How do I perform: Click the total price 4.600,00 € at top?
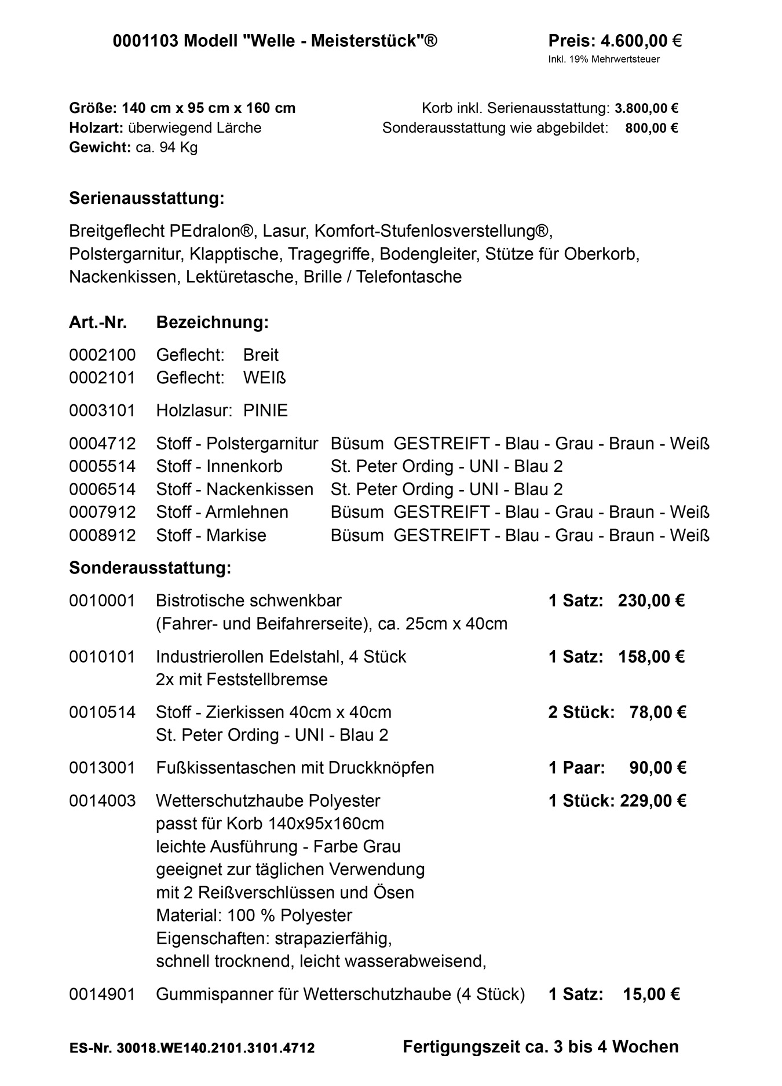(x=641, y=41)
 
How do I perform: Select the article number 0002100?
(x=102, y=354)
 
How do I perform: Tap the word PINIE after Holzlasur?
(x=265, y=411)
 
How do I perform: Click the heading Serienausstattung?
(x=147, y=198)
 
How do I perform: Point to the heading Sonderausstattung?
(x=150, y=568)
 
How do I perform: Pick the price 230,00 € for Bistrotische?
(x=651, y=601)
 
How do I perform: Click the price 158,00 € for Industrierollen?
(x=651, y=657)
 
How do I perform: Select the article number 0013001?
(x=102, y=768)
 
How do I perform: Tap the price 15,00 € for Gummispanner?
(x=651, y=994)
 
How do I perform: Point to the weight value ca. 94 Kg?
(x=166, y=147)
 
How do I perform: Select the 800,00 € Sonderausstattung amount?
(x=651, y=128)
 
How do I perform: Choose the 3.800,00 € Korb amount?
(x=646, y=108)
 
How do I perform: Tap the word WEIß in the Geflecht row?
(x=265, y=378)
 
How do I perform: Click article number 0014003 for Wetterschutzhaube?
(x=102, y=801)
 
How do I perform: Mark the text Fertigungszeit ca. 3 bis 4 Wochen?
(x=540, y=1047)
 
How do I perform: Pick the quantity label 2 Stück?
(x=581, y=712)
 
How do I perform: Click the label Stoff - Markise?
(x=211, y=535)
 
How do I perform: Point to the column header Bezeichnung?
(x=212, y=322)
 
